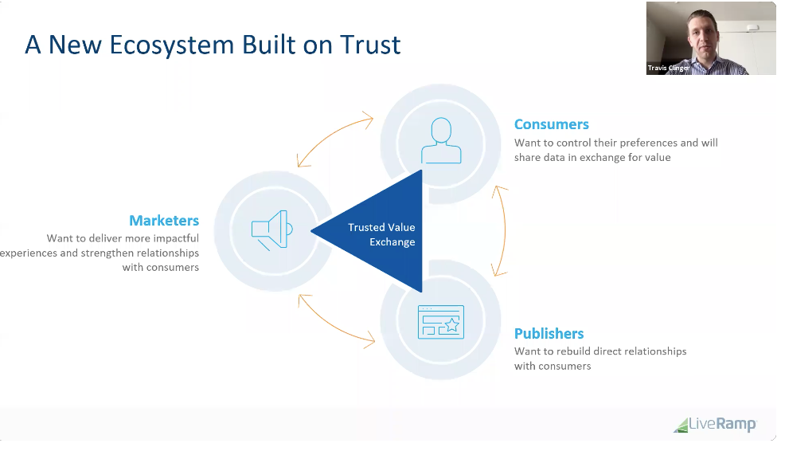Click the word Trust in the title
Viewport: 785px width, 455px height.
pos(369,45)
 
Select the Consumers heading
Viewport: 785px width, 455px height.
pos(551,124)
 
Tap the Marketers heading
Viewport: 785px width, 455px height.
pos(164,221)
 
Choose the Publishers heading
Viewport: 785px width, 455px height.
pos(549,334)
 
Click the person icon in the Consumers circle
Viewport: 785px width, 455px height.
pos(440,141)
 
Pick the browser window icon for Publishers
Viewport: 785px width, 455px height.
pos(440,321)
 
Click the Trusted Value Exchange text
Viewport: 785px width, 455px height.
pos(381,234)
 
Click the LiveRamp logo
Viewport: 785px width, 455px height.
pos(714,425)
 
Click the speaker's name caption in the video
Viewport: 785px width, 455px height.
pos(668,69)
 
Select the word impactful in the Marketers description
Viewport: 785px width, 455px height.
pos(174,238)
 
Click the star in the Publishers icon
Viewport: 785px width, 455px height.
pos(451,324)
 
